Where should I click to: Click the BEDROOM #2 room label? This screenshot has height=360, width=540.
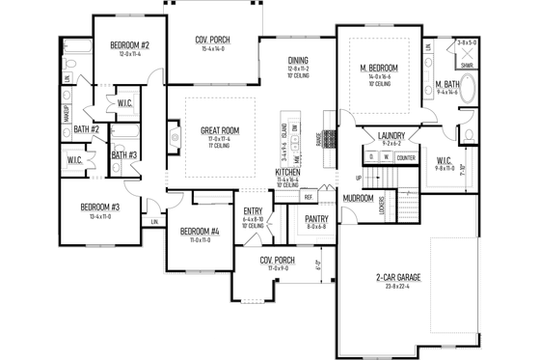[128, 45]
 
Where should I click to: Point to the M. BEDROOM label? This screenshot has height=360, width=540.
[370, 66]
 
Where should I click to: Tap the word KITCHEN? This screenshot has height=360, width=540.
[288, 171]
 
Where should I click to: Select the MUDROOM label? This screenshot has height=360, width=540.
[359, 198]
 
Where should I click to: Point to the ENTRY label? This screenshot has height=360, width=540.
[253, 211]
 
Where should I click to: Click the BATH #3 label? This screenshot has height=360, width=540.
[123, 155]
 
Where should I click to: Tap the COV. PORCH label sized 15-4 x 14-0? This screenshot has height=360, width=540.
[213, 40]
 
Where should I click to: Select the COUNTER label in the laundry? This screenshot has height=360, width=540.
[405, 157]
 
